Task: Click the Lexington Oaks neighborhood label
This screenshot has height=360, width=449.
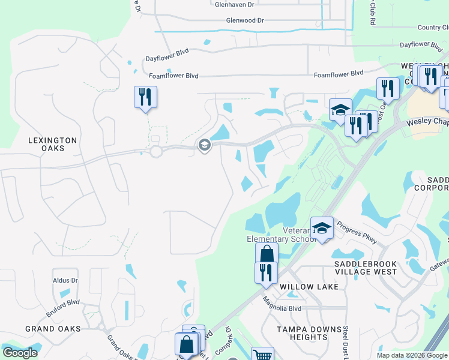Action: [x=53, y=145]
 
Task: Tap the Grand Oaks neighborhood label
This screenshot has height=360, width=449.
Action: [x=53, y=329]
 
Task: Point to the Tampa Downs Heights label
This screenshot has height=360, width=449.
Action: [x=303, y=333]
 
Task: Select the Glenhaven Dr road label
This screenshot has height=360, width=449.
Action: [x=235, y=4]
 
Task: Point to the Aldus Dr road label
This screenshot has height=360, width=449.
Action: [x=65, y=280]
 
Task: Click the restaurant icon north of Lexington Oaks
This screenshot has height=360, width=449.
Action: [x=145, y=97]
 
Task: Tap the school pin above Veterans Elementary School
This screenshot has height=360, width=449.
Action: [x=322, y=229]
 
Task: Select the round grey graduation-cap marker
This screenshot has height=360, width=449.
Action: [x=204, y=145]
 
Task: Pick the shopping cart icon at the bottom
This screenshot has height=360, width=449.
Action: [x=262, y=355]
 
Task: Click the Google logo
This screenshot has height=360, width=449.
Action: [x=20, y=353]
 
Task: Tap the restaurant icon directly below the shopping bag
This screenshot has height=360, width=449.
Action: [x=266, y=272]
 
